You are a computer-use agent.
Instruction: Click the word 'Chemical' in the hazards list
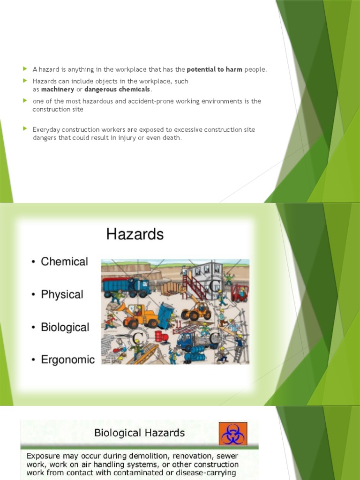(x=64, y=262)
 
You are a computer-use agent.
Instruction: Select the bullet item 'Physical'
(x=62, y=294)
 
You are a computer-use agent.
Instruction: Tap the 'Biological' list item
(x=65, y=327)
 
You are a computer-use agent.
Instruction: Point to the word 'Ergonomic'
(x=67, y=360)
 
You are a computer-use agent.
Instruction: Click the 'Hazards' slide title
(x=135, y=234)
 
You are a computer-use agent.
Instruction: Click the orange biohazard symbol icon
(x=233, y=433)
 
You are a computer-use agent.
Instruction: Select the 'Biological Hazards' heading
(x=140, y=433)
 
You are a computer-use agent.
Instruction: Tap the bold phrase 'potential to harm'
(x=214, y=69)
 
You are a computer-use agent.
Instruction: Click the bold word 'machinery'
(x=58, y=90)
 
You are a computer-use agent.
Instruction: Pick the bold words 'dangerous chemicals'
(x=117, y=90)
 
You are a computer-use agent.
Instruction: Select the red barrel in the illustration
(x=158, y=336)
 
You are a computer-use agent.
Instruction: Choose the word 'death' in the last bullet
(x=171, y=138)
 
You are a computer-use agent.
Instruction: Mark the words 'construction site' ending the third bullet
(x=58, y=109)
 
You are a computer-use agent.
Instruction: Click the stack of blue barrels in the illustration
(x=194, y=357)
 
